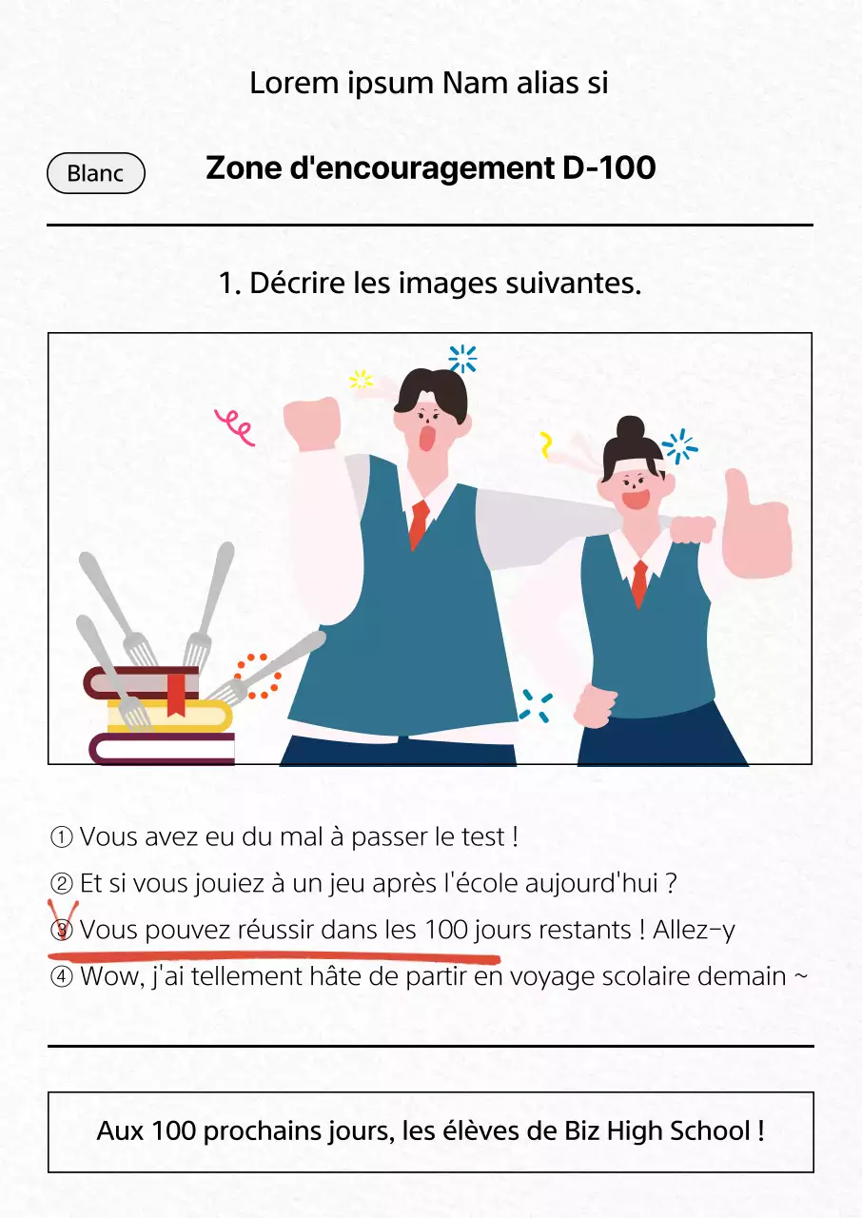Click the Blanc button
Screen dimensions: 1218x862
96,173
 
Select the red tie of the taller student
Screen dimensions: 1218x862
418,524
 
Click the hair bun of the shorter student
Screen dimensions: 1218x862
630,431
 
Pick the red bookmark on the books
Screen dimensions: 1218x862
176,693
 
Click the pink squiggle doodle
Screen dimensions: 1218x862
234,426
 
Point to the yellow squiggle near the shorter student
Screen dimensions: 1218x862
546,444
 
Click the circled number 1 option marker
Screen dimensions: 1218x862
61,837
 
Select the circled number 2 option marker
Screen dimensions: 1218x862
61,884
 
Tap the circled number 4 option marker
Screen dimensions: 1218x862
61,976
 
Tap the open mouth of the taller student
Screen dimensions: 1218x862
428,437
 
